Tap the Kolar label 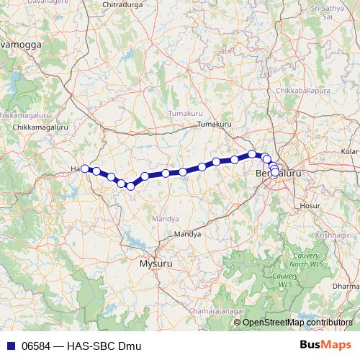351,152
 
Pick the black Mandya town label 188,235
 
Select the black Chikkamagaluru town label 35,127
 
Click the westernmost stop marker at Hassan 85,168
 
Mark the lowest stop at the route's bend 130,186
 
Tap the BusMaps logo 325,346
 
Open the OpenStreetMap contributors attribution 297,323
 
